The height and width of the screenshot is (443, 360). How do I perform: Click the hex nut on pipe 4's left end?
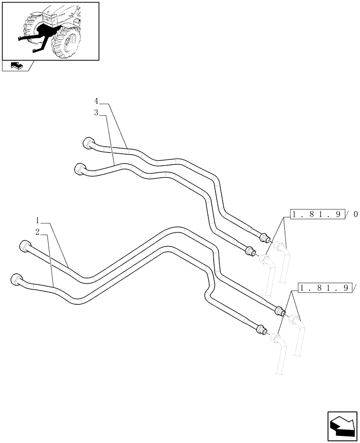point(89,144)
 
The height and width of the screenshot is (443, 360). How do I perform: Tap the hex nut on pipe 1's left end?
point(25,246)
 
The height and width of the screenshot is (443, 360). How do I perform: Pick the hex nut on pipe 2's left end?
point(16,280)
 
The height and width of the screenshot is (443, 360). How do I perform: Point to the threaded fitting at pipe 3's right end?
point(250,251)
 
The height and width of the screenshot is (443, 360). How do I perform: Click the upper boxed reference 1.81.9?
point(317,215)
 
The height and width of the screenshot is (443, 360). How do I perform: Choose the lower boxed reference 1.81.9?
point(325,288)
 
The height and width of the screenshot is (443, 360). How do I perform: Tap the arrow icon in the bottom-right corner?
point(342,426)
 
